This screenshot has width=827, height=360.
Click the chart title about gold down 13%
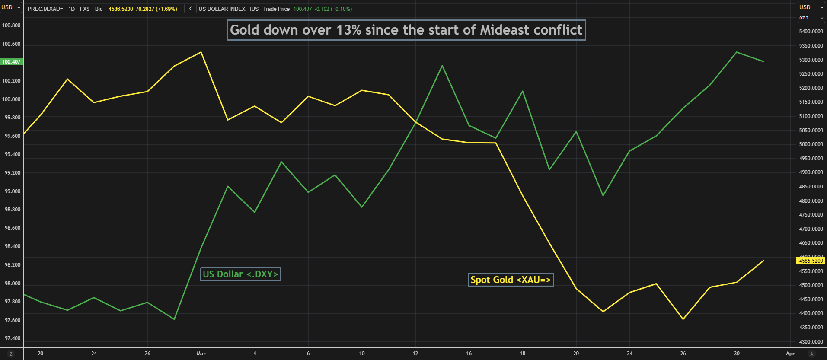click(406, 30)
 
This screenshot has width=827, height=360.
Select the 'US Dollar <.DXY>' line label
click(240, 274)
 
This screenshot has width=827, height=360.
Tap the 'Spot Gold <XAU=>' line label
click(511, 280)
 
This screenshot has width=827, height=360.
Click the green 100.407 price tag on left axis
click(11, 62)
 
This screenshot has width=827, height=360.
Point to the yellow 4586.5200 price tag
click(811, 261)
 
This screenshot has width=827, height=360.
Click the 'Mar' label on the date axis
click(201, 354)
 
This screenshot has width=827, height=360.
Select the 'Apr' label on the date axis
click(790, 354)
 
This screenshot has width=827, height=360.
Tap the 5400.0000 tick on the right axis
click(811, 32)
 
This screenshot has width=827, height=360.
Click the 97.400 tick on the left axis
click(13, 338)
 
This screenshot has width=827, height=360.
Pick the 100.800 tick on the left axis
click(11, 25)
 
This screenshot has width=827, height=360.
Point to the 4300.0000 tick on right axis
click(811, 342)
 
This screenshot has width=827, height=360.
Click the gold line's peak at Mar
click(201, 52)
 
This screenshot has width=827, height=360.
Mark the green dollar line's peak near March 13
click(442, 66)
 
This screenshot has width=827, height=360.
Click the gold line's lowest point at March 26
click(683, 319)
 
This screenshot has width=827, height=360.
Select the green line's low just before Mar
click(174, 319)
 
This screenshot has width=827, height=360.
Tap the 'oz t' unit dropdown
click(811, 18)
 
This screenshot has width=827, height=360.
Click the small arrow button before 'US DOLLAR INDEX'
click(190, 9)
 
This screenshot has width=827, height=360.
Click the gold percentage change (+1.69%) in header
click(166, 9)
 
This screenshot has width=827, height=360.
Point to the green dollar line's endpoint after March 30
click(763, 61)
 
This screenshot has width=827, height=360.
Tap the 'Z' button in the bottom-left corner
click(11, 354)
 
